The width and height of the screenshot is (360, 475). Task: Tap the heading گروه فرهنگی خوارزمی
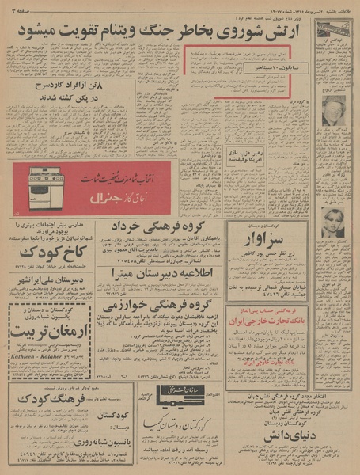(159, 303)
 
